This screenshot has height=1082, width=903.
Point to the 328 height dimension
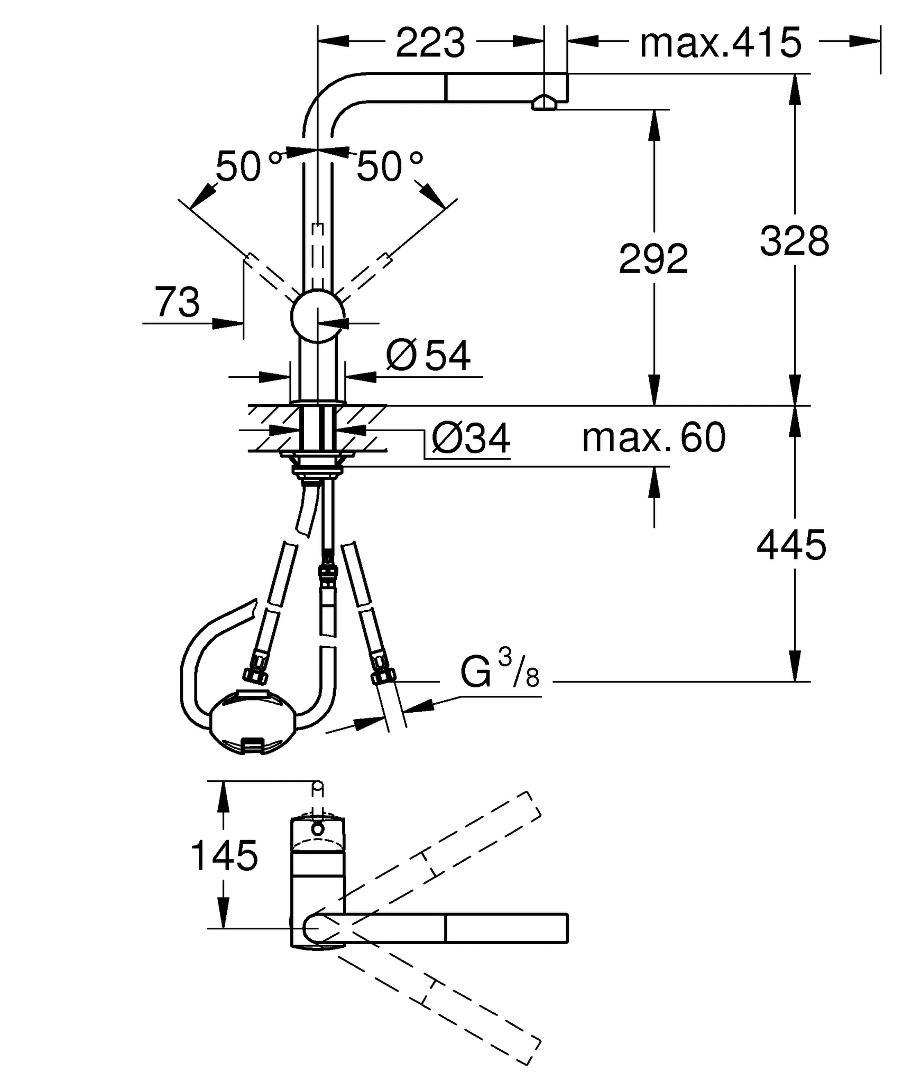click(x=794, y=241)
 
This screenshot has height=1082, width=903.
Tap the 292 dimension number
click(x=653, y=259)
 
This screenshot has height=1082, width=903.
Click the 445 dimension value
click(x=791, y=545)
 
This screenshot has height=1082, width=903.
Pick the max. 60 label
click(x=653, y=438)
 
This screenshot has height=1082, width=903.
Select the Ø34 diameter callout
click(x=471, y=439)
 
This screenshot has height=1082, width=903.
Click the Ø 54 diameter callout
click(x=428, y=356)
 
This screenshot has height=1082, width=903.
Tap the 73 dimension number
click(x=177, y=303)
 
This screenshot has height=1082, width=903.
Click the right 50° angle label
click(x=389, y=166)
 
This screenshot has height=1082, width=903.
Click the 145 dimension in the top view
click(x=224, y=855)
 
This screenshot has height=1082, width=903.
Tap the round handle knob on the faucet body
click(x=317, y=316)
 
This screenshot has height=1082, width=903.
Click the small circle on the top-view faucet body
click(x=317, y=829)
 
